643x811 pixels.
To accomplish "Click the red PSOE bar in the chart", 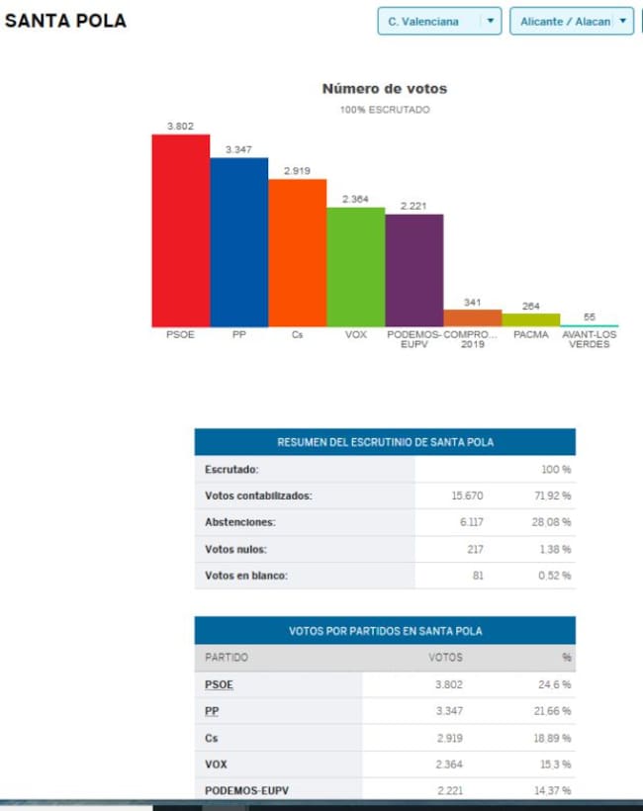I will tap(180, 230).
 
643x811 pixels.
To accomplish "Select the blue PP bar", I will tap(238, 242).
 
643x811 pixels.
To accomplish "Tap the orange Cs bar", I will tap(297, 253).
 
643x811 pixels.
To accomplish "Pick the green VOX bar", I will tap(355, 267).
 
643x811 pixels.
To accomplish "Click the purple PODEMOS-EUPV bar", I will tap(413, 270).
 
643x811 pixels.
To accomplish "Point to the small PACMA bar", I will tap(531, 319).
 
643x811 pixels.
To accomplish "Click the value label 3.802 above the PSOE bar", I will tap(181, 126).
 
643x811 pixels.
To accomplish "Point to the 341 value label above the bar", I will tap(473, 302).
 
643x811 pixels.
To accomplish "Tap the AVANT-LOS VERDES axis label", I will tap(590, 339).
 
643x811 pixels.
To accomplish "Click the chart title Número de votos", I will tap(385, 89).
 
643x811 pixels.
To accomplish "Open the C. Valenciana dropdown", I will tap(439, 21).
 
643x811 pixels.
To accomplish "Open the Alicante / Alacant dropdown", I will tap(571, 21).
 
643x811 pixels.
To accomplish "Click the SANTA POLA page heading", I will tap(65, 21).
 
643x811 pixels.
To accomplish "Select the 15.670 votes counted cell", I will tap(467, 496).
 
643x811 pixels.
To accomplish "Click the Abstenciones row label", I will tap(240, 522).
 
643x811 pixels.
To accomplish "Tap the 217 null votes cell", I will tap(473, 549).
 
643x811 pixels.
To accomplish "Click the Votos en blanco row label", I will tap(246, 576).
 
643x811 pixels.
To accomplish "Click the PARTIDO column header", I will tap(227, 658).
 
